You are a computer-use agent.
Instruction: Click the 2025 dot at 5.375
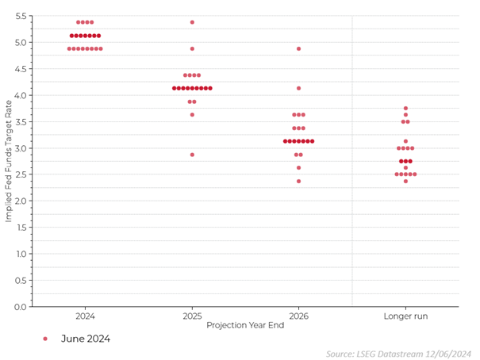pyautogui.click(x=192, y=22)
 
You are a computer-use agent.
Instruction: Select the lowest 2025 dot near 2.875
pyautogui.click(x=192, y=155)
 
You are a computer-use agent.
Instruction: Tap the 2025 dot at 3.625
pyautogui.click(x=192, y=115)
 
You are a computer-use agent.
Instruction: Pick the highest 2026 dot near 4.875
pyautogui.click(x=298, y=48)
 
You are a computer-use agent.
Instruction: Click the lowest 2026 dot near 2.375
pyautogui.click(x=298, y=182)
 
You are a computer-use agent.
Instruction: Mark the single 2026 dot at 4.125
pyautogui.click(x=298, y=88)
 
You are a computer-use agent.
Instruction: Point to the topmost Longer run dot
pyautogui.click(x=405, y=109)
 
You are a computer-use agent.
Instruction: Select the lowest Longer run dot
pyautogui.click(x=405, y=182)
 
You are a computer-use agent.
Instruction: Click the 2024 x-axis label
pyautogui.click(x=85, y=316)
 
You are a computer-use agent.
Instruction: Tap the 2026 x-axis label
pyautogui.click(x=298, y=316)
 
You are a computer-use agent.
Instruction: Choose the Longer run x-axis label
pyautogui.click(x=405, y=316)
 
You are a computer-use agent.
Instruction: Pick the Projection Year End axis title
pyautogui.click(x=245, y=325)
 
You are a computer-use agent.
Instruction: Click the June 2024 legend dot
pyautogui.click(x=45, y=339)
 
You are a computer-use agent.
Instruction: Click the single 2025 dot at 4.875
pyautogui.click(x=192, y=48)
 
